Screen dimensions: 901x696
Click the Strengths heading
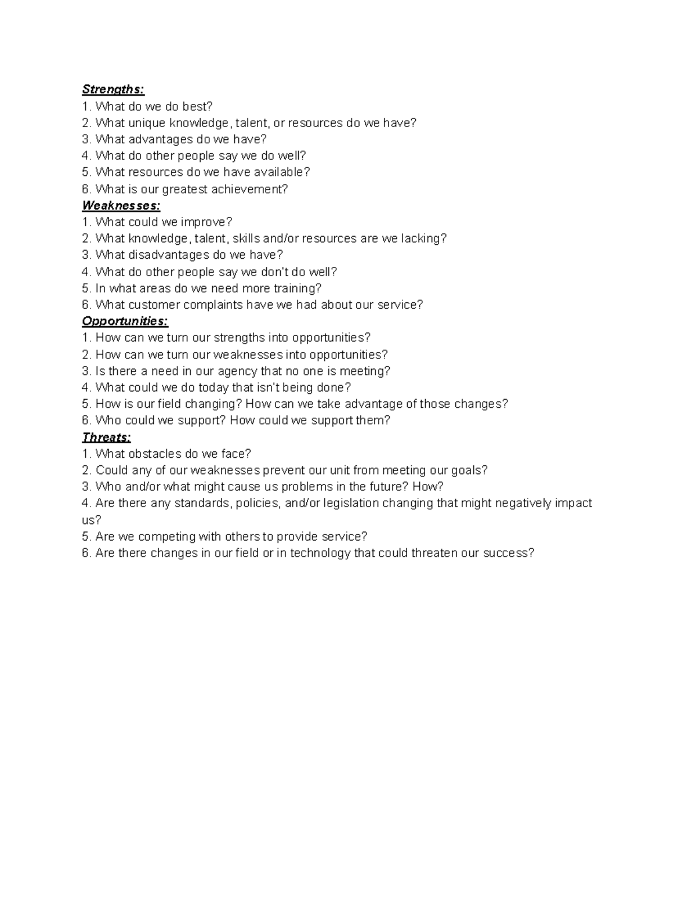(113, 89)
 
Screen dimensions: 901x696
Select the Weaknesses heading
(121, 205)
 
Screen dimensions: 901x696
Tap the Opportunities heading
(125, 321)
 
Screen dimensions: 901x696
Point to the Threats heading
(107, 437)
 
